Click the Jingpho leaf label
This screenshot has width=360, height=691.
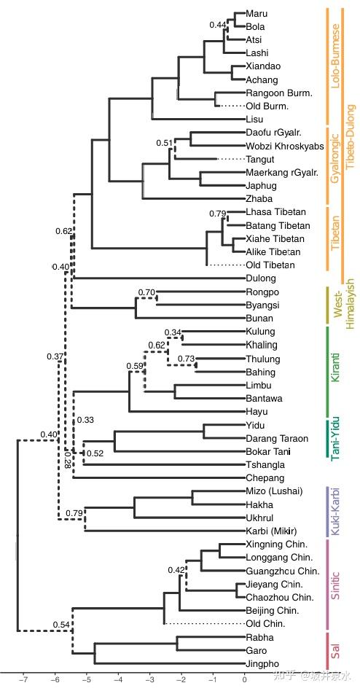coord(263,664)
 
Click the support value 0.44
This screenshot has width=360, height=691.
coord(218,25)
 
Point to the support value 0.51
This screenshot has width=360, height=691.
coord(165,143)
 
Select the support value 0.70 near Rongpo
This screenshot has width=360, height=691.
coord(146,292)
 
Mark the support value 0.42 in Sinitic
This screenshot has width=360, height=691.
coord(176,570)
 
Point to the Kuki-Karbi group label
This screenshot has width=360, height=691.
coord(336,511)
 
